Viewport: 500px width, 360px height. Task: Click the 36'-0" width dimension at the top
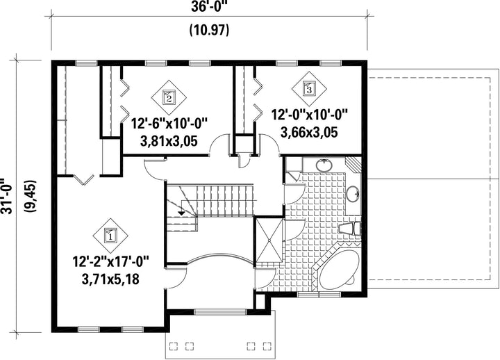click(209, 6)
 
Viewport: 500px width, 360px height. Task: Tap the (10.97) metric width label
click(209, 31)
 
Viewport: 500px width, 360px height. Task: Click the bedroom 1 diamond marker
click(110, 236)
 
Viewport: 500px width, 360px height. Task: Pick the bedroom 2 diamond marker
click(169, 97)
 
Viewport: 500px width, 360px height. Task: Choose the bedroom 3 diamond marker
click(309, 89)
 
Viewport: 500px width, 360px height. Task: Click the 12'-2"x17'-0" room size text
click(110, 262)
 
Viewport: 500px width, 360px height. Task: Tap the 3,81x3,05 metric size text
click(169, 141)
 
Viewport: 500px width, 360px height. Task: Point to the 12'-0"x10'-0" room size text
click(309, 115)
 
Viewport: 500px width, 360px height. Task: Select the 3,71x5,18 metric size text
click(110, 279)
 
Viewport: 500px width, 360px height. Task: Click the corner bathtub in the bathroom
click(338, 269)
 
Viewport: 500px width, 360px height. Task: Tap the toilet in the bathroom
click(349, 229)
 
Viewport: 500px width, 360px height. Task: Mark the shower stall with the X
click(269, 240)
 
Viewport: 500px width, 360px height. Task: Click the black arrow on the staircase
click(182, 213)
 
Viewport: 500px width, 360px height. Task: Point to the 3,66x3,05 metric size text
click(309, 132)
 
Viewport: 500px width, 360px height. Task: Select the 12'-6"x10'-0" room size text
click(169, 124)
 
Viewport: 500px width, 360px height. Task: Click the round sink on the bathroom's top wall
click(324, 165)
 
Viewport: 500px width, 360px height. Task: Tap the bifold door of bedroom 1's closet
click(83, 180)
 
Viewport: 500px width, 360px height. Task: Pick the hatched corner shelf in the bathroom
click(353, 163)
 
